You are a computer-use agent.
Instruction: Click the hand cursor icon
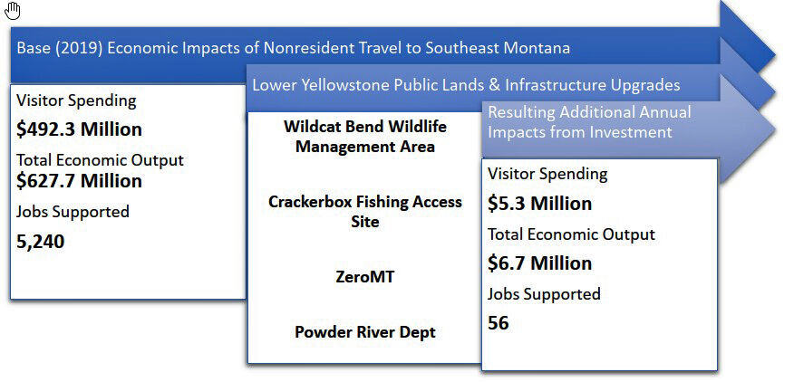tap(13, 11)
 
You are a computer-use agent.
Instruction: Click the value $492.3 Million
tap(79, 129)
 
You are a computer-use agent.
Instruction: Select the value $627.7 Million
tap(79, 181)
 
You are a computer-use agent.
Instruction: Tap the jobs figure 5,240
tap(41, 242)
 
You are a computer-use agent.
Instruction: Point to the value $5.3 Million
tap(539, 204)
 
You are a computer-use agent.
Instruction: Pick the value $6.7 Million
tap(539, 263)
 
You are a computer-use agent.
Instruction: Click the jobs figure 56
tap(499, 323)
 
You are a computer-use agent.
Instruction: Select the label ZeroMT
tap(364, 277)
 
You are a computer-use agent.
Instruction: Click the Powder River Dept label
tap(364, 332)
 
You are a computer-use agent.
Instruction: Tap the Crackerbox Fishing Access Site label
tap(364, 211)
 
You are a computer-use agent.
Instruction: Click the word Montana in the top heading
tap(537, 48)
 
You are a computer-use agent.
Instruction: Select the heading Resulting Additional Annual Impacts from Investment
tap(589, 122)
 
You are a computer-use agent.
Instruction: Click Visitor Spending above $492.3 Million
tap(76, 100)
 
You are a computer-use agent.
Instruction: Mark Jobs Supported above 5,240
tap(73, 212)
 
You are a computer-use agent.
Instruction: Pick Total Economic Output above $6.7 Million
tap(571, 234)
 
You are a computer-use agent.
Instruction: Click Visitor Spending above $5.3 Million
tap(547, 174)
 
